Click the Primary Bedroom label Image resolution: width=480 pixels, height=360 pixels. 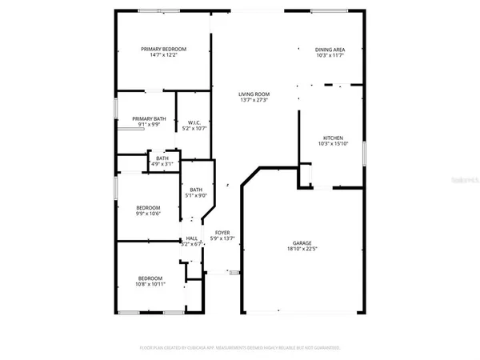(x=158, y=50)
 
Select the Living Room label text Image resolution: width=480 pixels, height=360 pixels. (x=254, y=94)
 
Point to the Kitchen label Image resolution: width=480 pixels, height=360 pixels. (x=333, y=137)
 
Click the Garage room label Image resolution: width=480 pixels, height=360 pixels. (x=302, y=242)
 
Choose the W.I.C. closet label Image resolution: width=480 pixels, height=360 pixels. (x=193, y=122)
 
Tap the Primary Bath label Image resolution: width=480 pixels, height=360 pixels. (x=149, y=118)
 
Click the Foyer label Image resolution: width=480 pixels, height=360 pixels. (x=222, y=232)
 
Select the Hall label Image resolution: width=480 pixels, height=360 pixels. (x=192, y=238)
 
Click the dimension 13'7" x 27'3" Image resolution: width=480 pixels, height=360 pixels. (x=254, y=100)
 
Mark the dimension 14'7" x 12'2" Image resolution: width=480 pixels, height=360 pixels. (x=158, y=56)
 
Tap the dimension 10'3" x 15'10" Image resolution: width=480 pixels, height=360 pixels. (x=333, y=143)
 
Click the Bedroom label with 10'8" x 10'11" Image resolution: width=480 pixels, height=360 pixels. (x=150, y=278)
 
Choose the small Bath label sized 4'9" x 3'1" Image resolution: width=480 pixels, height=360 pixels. (x=162, y=158)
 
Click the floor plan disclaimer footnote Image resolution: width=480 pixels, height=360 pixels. (x=240, y=348)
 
